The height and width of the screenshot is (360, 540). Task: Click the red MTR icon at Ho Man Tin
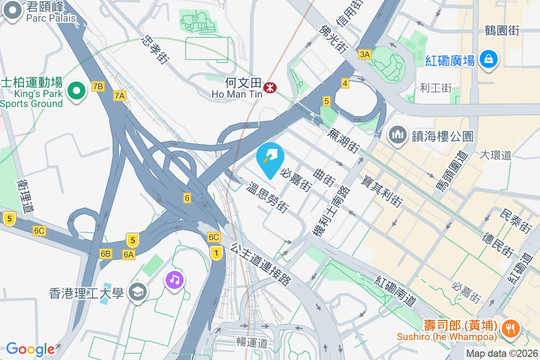tap(270, 87)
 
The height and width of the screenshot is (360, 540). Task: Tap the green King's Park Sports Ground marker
tap(77, 91)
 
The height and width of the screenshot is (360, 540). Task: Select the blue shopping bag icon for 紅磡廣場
tap(488, 59)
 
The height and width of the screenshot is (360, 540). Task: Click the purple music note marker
tap(175, 280)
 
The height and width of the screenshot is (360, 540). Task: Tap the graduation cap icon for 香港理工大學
tap(136, 292)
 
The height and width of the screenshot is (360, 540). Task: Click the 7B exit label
tap(98, 86)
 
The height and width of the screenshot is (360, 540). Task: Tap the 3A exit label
tap(364, 54)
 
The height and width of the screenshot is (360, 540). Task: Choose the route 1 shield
tap(216, 253)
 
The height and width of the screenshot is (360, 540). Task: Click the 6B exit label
tap(106, 254)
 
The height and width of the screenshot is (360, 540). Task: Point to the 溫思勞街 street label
tap(267, 198)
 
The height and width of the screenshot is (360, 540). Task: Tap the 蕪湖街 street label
tap(343, 140)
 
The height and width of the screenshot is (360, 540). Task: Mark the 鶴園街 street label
tap(502, 31)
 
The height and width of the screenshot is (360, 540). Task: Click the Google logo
tap(30, 349)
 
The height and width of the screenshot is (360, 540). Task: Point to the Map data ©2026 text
tap(502, 353)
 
